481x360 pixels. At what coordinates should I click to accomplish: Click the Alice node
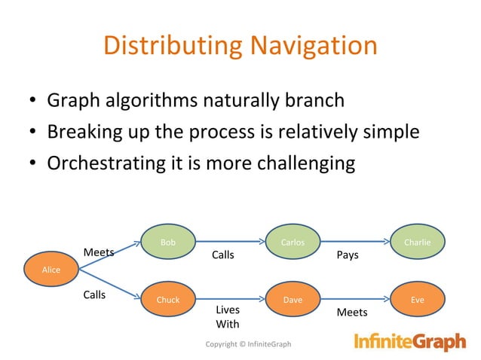tap(51, 270)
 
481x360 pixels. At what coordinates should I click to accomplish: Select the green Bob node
tap(168, 243)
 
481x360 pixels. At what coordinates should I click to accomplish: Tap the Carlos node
tap(293, 243)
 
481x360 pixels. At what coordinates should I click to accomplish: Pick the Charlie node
tap(418, 243)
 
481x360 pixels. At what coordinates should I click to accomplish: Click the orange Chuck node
tap(167, 300)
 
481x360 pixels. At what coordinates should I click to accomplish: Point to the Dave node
tap(293, 300)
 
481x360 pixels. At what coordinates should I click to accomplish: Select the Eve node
tap(418, 300)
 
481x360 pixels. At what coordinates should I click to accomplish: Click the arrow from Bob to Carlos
tap(229, 243)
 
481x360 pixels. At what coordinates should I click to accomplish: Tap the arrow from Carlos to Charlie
tap(354, 243)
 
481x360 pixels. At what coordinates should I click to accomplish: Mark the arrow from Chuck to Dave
tap(229, 300)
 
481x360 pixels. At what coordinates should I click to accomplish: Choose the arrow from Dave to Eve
tap(354, 300)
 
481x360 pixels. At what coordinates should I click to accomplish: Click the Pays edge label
tap(348, 255)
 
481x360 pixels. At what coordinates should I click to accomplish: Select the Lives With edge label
tap(228, 317)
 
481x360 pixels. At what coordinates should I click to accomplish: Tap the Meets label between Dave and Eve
tap(351, 312)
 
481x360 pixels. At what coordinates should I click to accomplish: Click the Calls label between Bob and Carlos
tap(222, 255)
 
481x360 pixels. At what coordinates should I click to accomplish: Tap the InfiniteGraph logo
tap(410, 343)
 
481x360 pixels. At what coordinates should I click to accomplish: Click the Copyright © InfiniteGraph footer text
tap(248, 344)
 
